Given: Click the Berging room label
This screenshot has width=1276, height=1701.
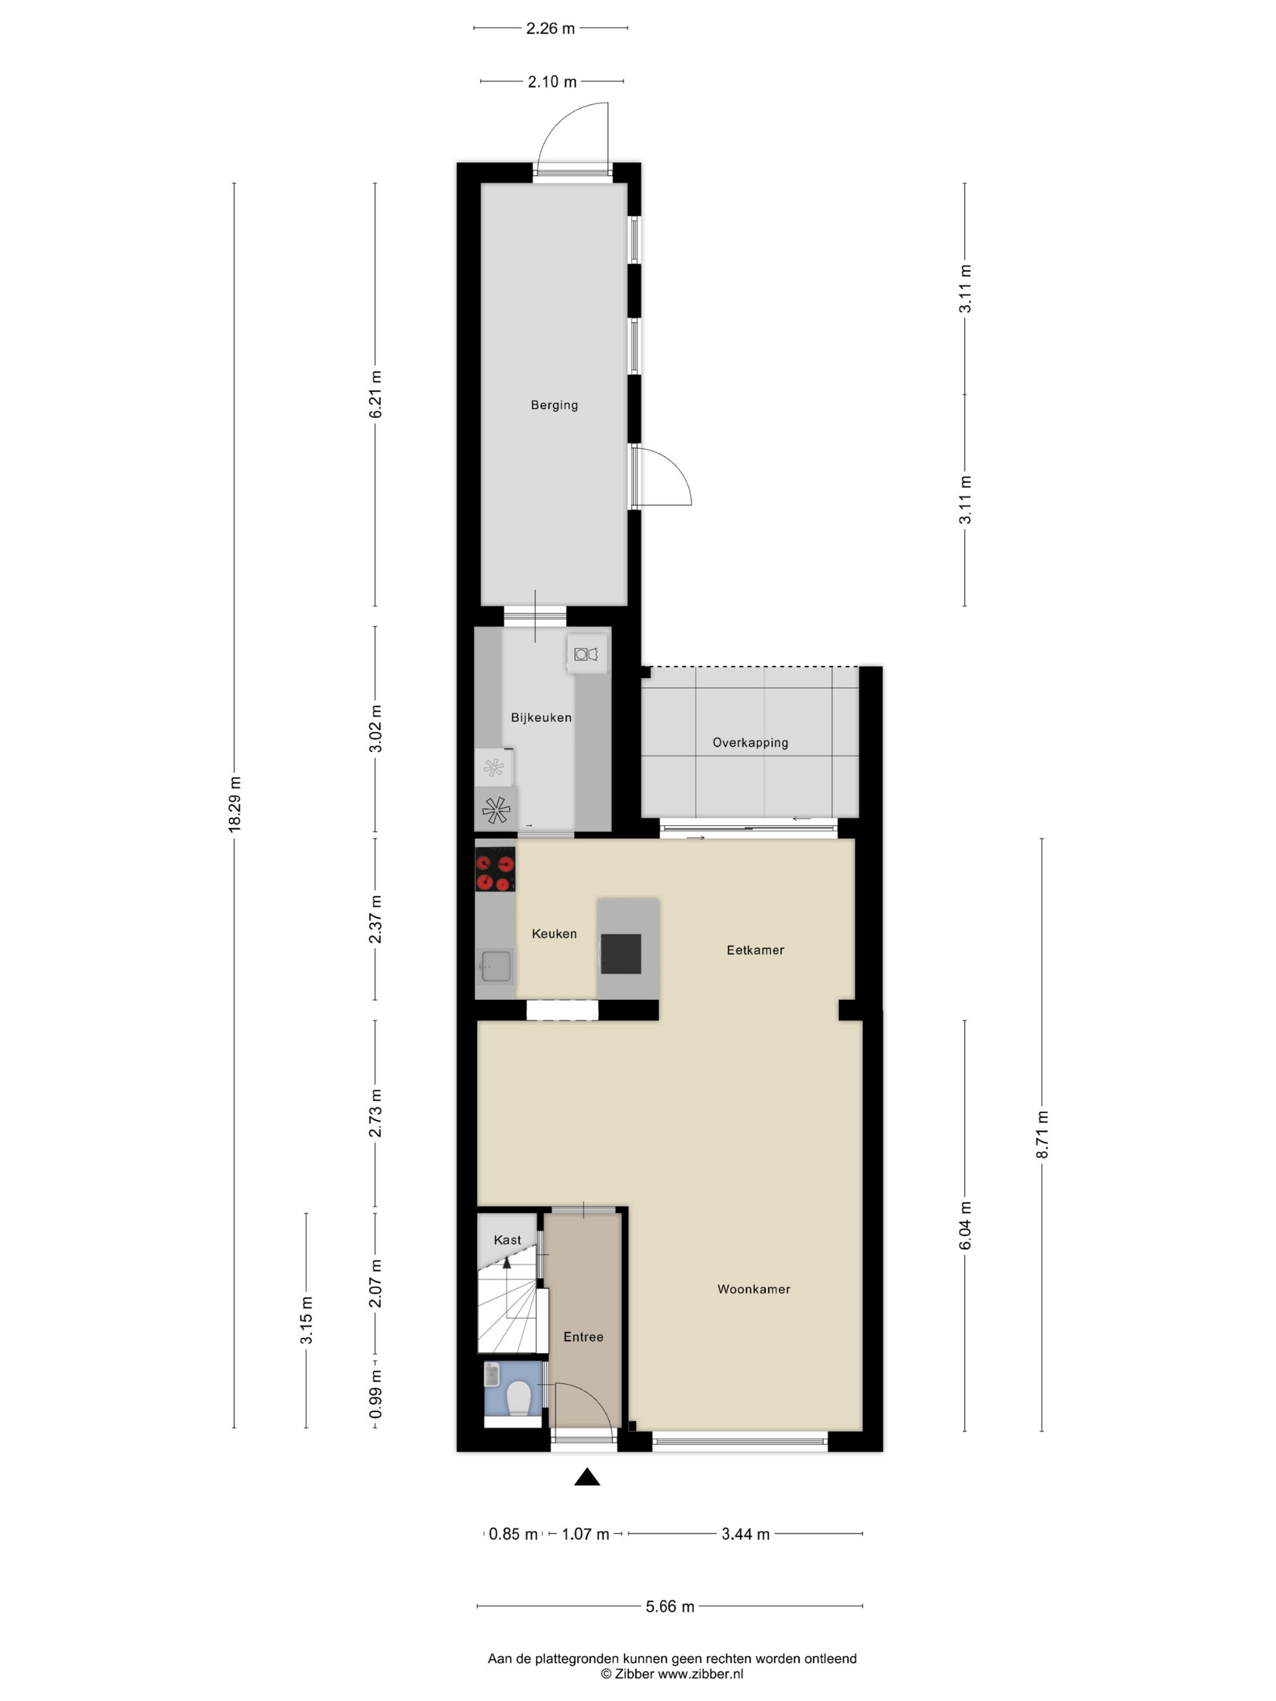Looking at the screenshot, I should [554, 405].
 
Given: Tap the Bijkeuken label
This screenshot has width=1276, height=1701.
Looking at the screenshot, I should [541, 717].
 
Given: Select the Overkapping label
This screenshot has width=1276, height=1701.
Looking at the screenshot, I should [750, 743].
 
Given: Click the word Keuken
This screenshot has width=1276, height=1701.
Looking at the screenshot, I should [554, 934].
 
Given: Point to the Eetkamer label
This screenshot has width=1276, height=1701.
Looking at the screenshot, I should [755, 951].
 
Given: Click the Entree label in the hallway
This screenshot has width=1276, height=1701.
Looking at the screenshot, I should [583, 1337].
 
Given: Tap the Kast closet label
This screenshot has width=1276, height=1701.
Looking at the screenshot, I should [507, 1241].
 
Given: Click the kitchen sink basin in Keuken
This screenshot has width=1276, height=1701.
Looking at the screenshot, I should [496, 967].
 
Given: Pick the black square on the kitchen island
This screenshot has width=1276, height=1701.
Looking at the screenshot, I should [621, 954].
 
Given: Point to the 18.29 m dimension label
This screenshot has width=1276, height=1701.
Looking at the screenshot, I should [235, 804].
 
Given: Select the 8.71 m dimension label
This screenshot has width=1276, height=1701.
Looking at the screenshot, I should [1042, 1135].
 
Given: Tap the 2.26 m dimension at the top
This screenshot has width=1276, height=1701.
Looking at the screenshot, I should [551, 29].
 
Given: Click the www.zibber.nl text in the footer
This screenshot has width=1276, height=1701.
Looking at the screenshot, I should [700, 1673].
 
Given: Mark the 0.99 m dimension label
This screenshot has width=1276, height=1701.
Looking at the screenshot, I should [376, 1394].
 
